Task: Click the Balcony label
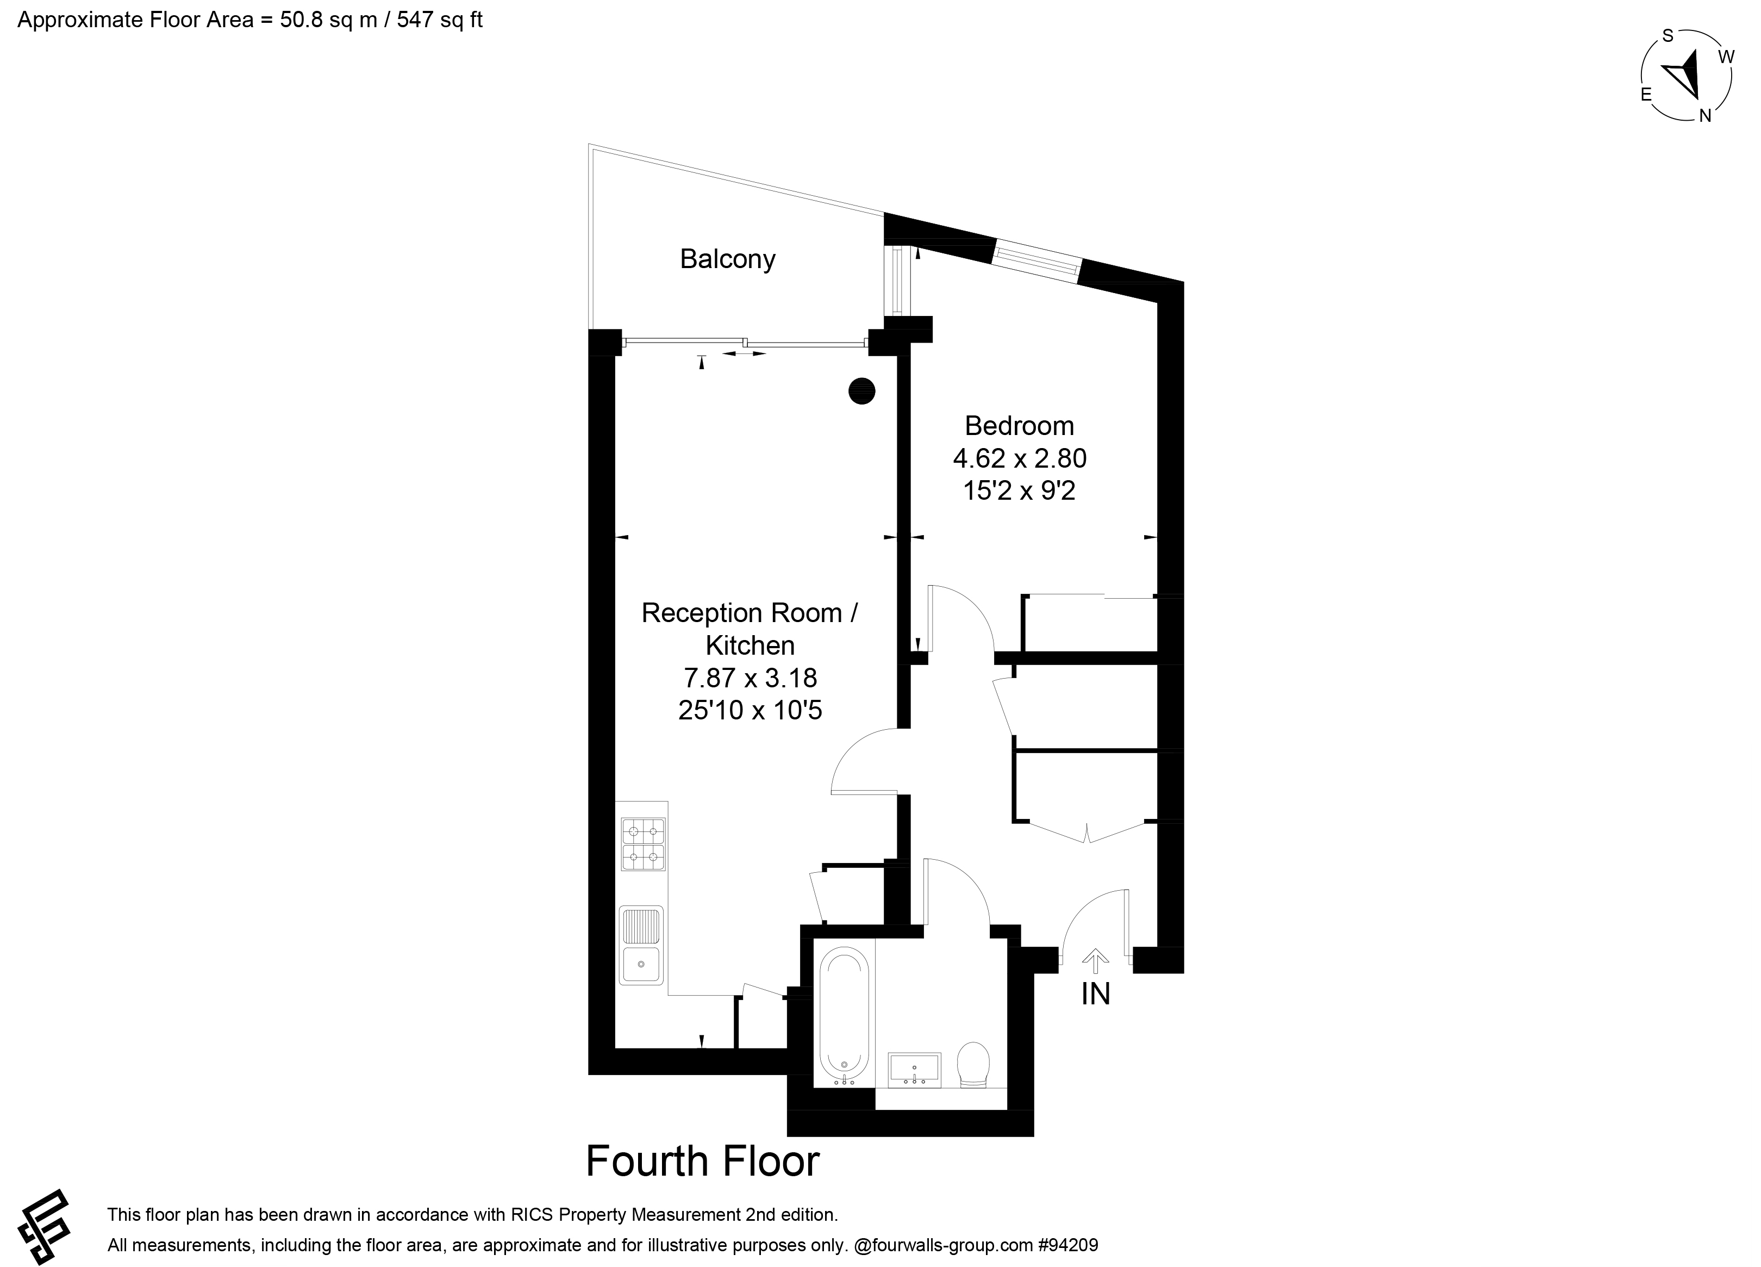point(728,259)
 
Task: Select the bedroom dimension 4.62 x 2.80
point(1020,458)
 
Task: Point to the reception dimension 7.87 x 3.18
point(750,678)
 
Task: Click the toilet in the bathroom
point(973,1064)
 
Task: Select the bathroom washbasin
point(915,1068)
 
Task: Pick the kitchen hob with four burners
point(644,844)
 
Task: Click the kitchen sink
point(641,946)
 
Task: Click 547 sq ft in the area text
point(440,20)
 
